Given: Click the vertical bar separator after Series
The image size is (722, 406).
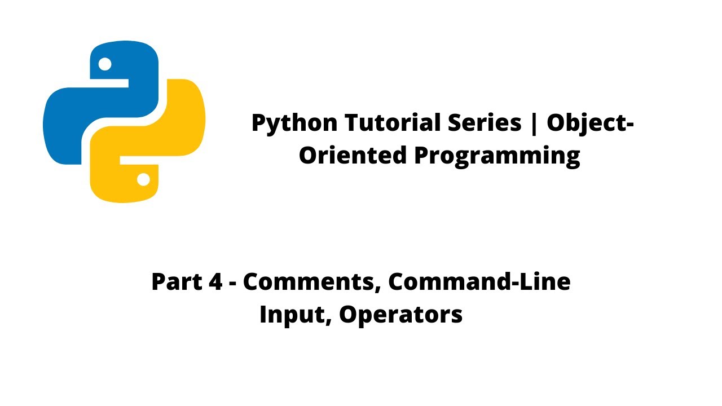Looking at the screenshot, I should tap(534, 123).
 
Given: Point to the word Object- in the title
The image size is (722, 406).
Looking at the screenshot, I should tap(589, 123).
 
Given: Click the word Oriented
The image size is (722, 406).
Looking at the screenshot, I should tap(353, 156).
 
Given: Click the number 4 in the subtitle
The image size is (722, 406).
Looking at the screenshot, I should tap(215, 281).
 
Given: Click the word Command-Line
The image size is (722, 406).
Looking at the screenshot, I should tap(479, 281).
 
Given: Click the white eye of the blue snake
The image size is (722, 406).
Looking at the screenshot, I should tap(105, 64).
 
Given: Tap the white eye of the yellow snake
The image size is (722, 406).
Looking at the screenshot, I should tap(143, 179).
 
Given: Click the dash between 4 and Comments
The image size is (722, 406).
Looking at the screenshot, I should tap(233, 283).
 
